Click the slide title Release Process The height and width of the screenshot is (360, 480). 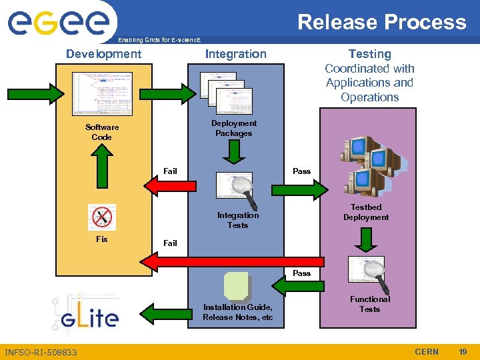tap(381, 22)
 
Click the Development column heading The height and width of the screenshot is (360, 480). tap(103, 54)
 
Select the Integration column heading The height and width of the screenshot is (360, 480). tap(235, 54)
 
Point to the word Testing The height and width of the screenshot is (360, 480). tap(369, 54)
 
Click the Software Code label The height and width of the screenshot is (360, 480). tap(102, 132)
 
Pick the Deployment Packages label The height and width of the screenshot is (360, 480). tap(233, 128)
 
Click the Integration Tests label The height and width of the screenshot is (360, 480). tap(237, 220)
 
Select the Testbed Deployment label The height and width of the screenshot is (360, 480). tap(366, 213)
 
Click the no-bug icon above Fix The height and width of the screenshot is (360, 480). tap(102, 217)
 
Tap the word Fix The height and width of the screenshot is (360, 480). tap(101, 239)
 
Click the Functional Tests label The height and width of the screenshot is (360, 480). tap(369, 304)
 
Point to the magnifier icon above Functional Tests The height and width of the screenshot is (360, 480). tap(367, 271)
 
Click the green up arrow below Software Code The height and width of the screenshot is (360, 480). tap(101, 168)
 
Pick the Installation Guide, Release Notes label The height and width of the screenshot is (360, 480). tap(237, 312)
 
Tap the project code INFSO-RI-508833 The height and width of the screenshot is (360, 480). tap(41, 352)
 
